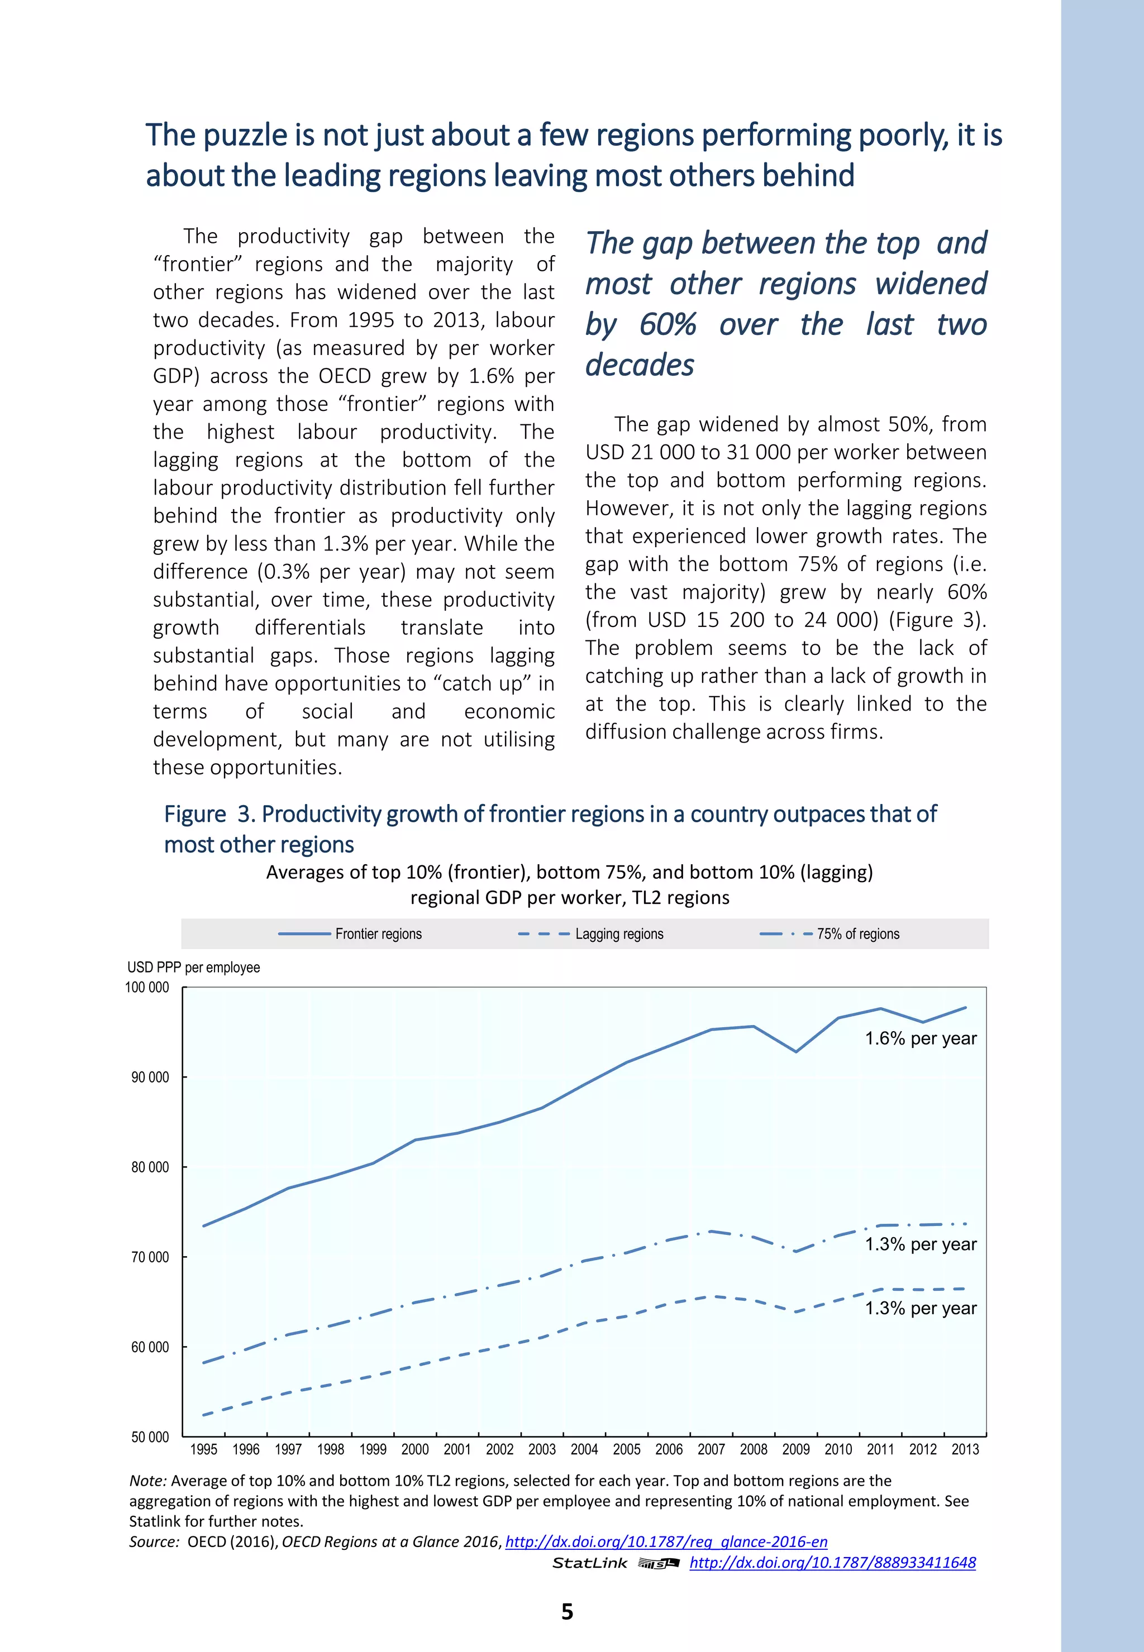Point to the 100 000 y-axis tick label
pyautogui.click(x=147, y=987)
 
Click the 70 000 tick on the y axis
pyautogui.click(x=150, y=1257)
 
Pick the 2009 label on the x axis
pyautogui.click(x=795, y=1449)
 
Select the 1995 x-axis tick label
pyautogui.click(x=203, y=1449)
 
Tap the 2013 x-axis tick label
pyautogui.click(x=965, y=1449)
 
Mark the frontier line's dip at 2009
pyautogui.click(x=795, y=1052)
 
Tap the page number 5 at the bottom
pyautogui.click(x=567, y=1611)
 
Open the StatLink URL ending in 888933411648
pyautogui.click(x=832, y=1563)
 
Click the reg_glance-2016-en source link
pyautogui.click(x=666, y=1541)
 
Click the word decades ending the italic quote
pyautogui.click(x=640, y=365)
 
